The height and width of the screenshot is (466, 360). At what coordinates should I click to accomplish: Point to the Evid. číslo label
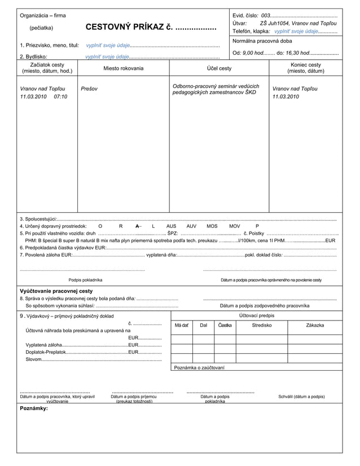coord(245,15)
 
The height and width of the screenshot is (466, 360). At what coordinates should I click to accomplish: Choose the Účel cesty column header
coord(219,68)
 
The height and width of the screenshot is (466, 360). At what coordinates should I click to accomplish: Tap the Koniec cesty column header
coord(305,68)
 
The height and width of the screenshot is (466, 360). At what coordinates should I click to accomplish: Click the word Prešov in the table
coord(89,89)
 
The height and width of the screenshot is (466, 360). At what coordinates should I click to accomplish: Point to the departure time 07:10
coord(61,97)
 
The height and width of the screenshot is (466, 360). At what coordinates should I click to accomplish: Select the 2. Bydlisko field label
coord(33,56)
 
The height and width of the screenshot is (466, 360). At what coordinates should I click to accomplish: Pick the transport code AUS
coord(172,226)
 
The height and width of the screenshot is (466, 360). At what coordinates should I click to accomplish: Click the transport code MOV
coord(234,226)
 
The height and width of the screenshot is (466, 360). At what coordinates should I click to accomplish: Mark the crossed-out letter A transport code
coord(138,226)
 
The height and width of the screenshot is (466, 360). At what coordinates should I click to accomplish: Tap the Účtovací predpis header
coord(257,315)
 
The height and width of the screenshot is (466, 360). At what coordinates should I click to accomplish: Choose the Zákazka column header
coord(315,326)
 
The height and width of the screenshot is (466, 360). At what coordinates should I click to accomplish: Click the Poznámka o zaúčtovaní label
coord(199,368)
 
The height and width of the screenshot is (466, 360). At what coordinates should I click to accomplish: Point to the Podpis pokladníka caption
coord(85,280)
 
